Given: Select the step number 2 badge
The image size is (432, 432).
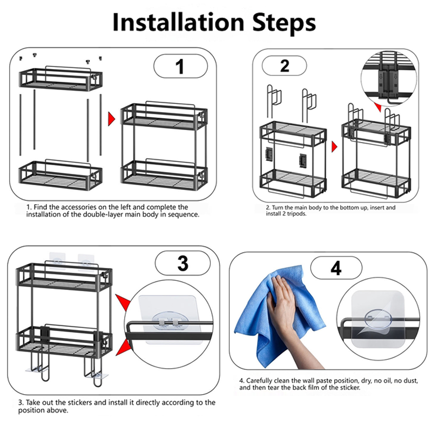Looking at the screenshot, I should click(x=285, y=66).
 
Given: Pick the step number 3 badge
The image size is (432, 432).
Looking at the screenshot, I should click(x=183, y=264).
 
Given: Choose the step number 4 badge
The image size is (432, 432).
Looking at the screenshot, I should click(x=336, y=268).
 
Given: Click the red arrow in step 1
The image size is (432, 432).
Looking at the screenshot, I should click(x=112, y=118).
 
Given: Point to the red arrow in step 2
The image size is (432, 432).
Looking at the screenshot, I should click(x=334, y=146).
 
